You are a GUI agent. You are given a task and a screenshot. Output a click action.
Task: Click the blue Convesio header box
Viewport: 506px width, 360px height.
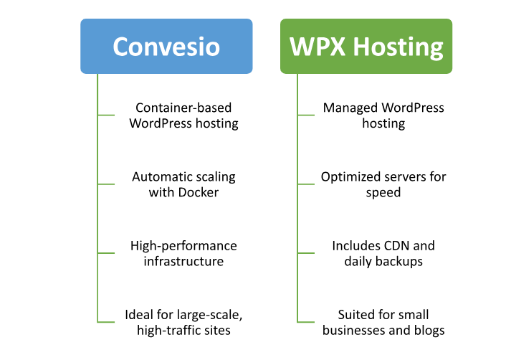pyautogui.click(x=166, y=46)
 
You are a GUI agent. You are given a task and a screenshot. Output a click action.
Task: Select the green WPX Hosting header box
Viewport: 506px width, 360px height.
pyautogui.click(x=366, y=46)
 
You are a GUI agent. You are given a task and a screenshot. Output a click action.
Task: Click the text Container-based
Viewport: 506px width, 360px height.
pyautogui.click(x=183, y=108)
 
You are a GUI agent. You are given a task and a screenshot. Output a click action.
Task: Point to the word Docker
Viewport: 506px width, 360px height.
pyautogui.click(x=199, y=192)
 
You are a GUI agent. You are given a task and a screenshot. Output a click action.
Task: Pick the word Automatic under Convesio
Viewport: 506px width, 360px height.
pyautogui.click(x=157, y=177)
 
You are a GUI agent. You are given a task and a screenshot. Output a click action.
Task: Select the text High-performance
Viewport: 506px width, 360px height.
pyautogui.click(x=183, y=246)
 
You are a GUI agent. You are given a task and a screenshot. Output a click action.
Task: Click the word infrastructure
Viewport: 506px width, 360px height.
pyautogui.click(x=183, y=261)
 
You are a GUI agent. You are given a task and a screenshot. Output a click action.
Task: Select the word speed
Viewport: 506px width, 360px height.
pyautogui.click(x=383, y=193)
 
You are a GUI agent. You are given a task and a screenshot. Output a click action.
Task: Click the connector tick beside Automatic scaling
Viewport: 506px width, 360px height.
pyautogui.click(x=106, y=184)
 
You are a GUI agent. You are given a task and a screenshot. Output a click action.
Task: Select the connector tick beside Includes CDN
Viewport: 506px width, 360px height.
pyautogui.click(x=306, y=253)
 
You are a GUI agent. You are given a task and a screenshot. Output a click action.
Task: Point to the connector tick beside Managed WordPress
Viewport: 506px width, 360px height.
pyautogui.click(x=306, y=115)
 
